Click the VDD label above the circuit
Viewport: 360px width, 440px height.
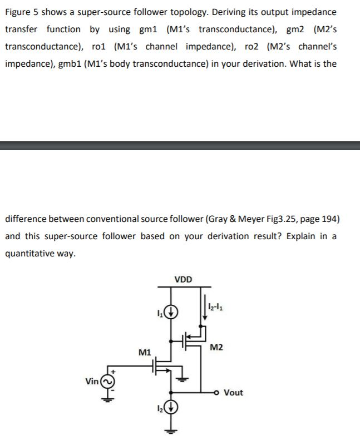(x=183, y=279)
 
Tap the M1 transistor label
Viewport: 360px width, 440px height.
(x=144, y=352)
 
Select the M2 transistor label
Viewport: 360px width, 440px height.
(x=217, y=348)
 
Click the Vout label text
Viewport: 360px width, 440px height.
(x=233, y=393)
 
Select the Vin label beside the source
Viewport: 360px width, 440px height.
(x=92, y=382)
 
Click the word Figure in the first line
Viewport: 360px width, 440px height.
(x=18, y=12)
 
